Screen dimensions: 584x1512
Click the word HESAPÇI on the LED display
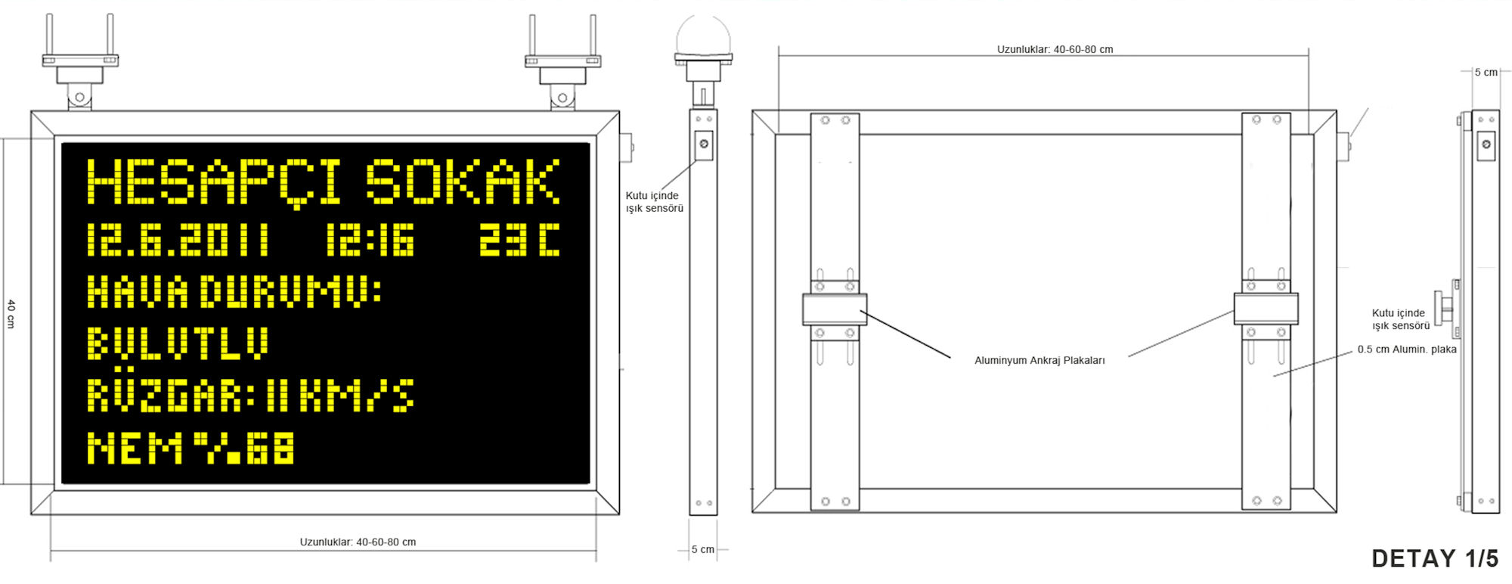(x=214, y=182)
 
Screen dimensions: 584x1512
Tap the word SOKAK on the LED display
(x=463, y=182)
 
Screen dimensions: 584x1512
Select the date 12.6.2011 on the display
(x=178, y=240)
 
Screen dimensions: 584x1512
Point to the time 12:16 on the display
(x=370, y=240)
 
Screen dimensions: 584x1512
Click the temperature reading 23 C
(x=519, y=240)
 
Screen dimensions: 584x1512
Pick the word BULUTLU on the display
(x=178, y=343)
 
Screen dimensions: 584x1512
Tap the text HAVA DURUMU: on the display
(x=234, y=291)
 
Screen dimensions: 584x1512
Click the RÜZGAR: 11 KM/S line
(x=250, y=395)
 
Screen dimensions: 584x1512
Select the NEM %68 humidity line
(x=191, y=447)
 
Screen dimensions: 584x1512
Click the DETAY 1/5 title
(x=1434, y=558)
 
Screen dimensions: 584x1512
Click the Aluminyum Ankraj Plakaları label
(x=1039, y=360)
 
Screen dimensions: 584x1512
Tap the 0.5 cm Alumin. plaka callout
(x=1406, y=349)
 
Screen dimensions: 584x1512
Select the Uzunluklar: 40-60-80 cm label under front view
(x=358, y=542)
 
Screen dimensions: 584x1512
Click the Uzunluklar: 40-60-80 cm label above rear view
(x=1055, y=49)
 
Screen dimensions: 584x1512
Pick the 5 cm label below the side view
(x=702, y=549)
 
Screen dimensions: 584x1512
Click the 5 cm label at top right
(x=1486, y=72)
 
